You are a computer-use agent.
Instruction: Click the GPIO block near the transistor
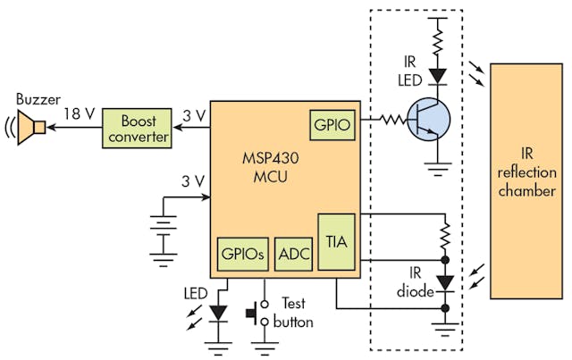coord(332,124)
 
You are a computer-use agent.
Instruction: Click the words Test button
coord(296,313)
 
